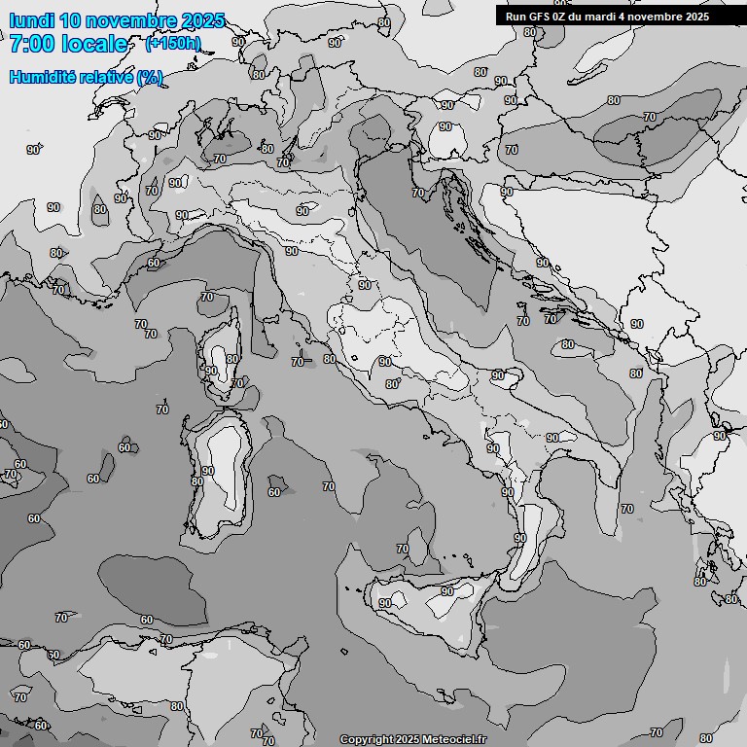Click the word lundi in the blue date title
click(x=32, y=20)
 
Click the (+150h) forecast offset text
click(x=172, y=43)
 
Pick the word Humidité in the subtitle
click(x=45, y=77)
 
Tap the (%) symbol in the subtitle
click(x=150, y=77)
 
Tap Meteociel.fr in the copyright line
click(x=455, y=739)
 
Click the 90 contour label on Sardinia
click(x=207, y=471)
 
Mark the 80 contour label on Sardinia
click(x=197, y=481)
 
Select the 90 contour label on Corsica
click(x=211, y=371)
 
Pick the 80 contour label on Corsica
click(x=231, y=359)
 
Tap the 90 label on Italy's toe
click(x=520, y=538)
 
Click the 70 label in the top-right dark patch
click(x=649, y=117)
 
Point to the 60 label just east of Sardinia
click(x=274, y=492)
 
